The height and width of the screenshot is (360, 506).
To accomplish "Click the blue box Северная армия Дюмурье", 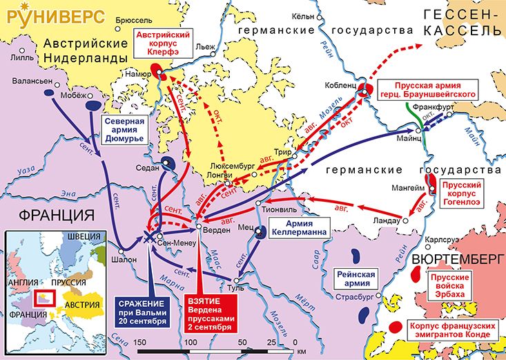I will click(124, 129).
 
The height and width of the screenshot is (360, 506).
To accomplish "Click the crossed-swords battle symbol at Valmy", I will click(148, 236).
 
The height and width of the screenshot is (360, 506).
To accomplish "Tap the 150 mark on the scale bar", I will click(139, 343).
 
